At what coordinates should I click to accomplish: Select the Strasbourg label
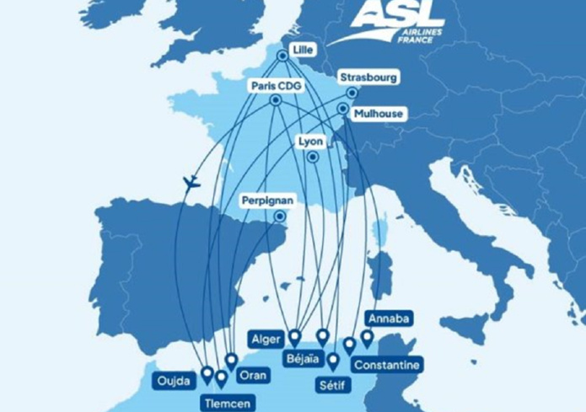coord(368,78)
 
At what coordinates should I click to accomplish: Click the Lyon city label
coord(311,142)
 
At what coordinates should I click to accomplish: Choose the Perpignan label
coord(267,201)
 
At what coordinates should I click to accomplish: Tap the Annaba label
coord(389,318)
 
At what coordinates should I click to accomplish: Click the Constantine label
coord(386,365)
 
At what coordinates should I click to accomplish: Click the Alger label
coord(266,339)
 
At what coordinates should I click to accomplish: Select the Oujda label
coord(175,381)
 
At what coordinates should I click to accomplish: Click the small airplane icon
coord(191,182)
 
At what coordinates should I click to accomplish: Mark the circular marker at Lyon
coord(313,157)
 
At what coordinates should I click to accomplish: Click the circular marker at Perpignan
coord(279,217)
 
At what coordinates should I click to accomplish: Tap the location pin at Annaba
coord(367,338)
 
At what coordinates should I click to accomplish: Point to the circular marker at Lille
coord(282,56)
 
